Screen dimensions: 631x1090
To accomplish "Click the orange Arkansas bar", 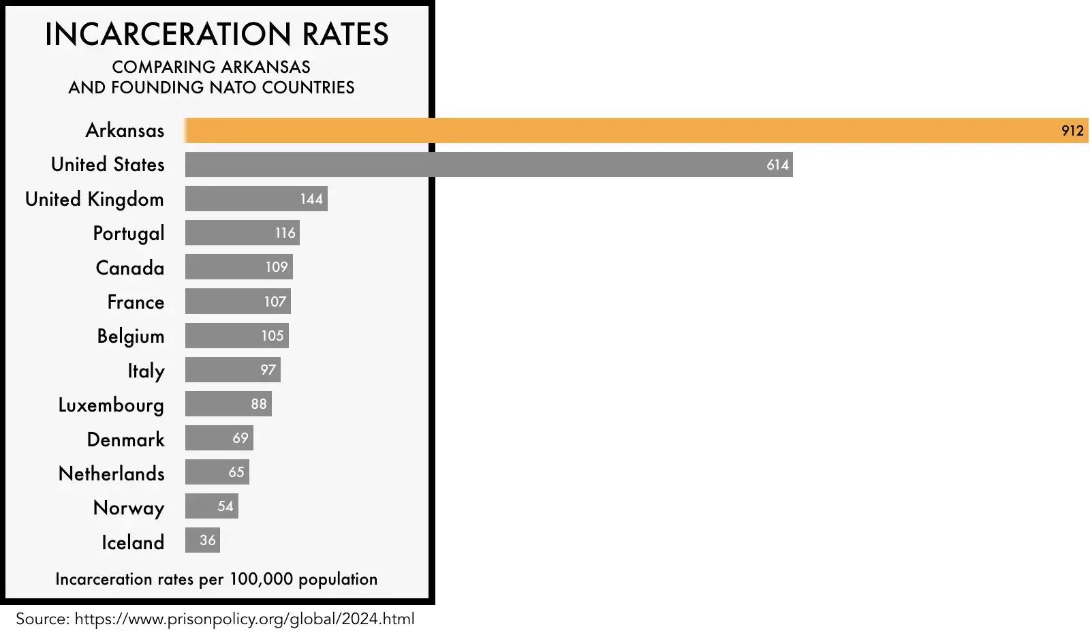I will (613, 130).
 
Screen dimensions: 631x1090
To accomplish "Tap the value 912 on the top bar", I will (1072, 131).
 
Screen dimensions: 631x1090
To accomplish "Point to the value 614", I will (777, 165).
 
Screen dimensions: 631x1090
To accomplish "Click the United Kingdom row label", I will (95, 199).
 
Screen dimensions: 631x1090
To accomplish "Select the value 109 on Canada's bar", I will (277, 267).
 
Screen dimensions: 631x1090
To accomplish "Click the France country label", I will (136, 302).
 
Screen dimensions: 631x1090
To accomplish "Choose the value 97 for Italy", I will (268, 370).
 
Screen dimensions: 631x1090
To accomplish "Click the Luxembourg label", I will (111, 405).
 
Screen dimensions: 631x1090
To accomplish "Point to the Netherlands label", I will (112, 474).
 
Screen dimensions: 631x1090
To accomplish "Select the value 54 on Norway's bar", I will (225, 506).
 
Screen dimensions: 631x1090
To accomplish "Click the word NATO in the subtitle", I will (230, 88).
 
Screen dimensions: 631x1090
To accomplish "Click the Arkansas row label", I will (125, 130).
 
